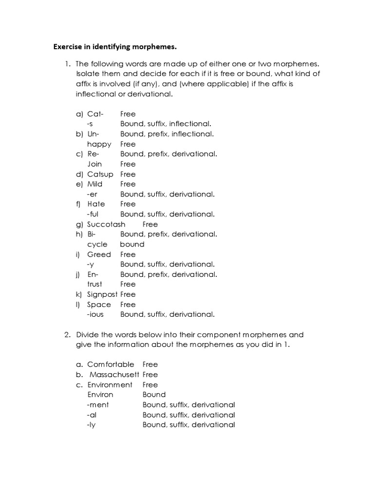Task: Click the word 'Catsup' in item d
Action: [100, 174]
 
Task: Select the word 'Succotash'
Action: [106, 224]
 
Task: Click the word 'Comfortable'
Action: [111, 365]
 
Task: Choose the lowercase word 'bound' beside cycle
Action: [132, 244]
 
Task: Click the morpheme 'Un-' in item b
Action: [93, 134]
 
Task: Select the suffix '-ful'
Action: [93, 214]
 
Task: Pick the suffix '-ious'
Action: [95, 314]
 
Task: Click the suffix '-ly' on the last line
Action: [91, 425]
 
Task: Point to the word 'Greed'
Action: [99, 254]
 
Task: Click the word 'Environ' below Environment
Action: [100, 395]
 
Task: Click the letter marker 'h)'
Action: [79, 234]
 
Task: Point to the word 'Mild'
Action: [95, 184]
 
